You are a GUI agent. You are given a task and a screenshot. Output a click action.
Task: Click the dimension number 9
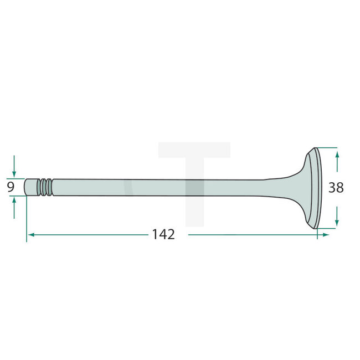pos(11,187)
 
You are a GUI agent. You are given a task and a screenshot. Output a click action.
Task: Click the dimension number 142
pos(163,234)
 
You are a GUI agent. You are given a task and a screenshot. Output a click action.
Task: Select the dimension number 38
pos(336,188)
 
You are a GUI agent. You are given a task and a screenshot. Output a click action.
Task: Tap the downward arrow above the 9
pos(14,166)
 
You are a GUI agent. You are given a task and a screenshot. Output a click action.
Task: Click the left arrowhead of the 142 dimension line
pos(31,235)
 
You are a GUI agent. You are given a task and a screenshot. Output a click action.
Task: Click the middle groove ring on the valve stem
pos(45,187)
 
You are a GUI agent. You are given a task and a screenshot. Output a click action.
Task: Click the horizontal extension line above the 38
pos(327,147)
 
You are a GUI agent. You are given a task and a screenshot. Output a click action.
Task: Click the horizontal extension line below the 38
pos(327,228)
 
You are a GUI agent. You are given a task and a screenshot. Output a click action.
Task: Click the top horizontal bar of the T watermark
pos(194,149)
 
